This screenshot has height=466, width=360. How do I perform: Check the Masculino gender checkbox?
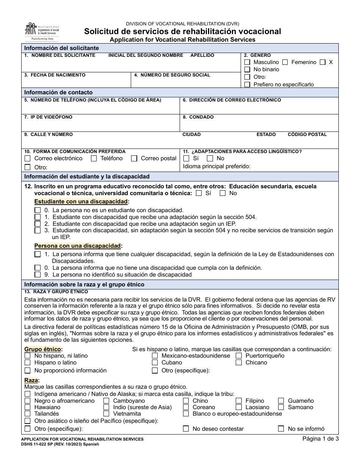(247, 62)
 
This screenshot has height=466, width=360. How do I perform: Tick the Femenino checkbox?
(285, 62)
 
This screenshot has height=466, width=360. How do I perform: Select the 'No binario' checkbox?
(247, 69)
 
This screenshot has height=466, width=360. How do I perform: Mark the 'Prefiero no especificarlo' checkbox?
(247, 84)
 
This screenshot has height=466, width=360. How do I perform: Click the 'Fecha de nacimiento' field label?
(55, 75)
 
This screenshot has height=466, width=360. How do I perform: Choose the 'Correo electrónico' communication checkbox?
(28, 158)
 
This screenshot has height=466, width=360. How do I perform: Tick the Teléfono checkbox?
(94, 158)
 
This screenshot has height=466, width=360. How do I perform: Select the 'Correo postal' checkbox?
(134, 158)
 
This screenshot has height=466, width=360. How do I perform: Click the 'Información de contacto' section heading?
(58, 92)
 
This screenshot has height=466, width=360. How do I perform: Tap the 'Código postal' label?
(307, 134)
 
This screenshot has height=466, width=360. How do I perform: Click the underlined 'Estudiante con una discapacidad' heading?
(81, 202)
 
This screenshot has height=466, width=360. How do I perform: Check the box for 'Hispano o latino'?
(28, 363)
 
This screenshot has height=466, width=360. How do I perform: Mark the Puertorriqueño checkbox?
(239, 356)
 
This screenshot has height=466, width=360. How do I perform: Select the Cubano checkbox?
(155, 363)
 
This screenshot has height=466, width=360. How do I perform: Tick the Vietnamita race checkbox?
(106, 414)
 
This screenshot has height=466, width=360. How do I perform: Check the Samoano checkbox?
(281, 407)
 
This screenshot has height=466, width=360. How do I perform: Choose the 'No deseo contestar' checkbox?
(186, 429)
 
